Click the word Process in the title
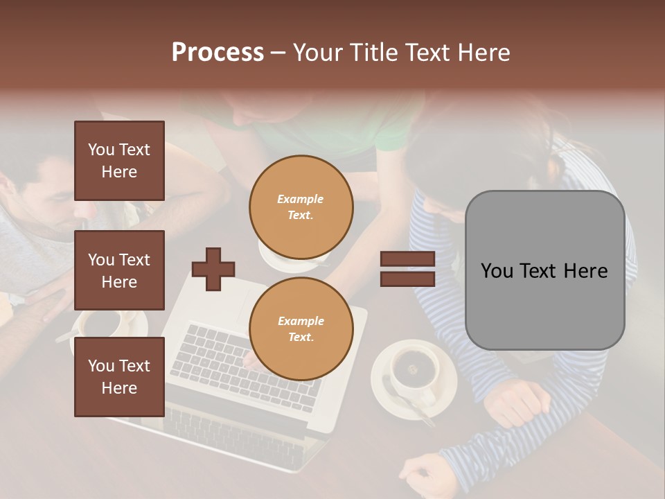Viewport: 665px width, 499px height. pyautogui.click(x=218, y=53)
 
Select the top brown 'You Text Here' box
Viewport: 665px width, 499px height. pyautogui.click(x=119, y=161)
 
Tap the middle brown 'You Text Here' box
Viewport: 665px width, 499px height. pyautogui.click(x=119, y=270)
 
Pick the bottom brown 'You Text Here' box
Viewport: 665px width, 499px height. pyautogui.click(x=119, y=377)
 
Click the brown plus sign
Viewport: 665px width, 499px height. pyautogui.click(x=213, y=269)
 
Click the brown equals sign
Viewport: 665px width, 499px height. pyautogui.click(x=407, y=269)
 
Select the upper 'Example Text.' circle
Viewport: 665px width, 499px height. pyautogui.click(x=301, y=207)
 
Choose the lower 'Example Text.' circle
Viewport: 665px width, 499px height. pyautogui.click(x=301, y=329)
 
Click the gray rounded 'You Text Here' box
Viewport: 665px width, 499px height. pyautogui.click(x=544, y=270)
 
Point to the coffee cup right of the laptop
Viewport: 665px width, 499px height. pyautogui.click(x=414, y=371)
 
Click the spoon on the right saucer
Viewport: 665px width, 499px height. pyautogui.click(x=405, y=405)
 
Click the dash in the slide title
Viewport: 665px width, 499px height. pyautogui.click(x=278, y=53)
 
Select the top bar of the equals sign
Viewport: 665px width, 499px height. pyautogui.click(x=407, y=259)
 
